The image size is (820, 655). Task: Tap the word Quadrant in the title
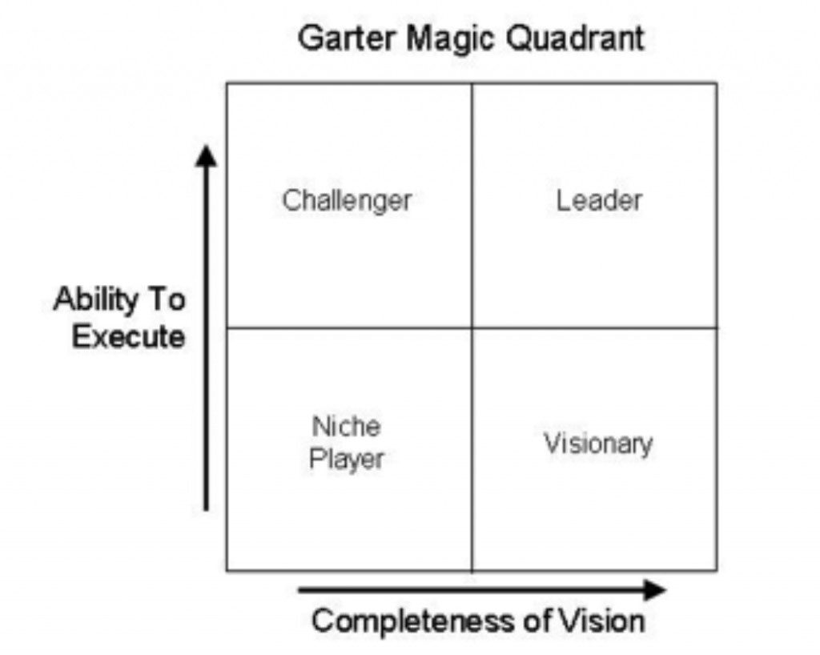tap(575, 38)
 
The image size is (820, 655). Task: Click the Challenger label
tap(348, 201)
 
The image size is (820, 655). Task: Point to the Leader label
tap(599, 200)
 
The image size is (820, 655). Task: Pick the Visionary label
tap(599, 444)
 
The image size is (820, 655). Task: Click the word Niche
tap(346, 426)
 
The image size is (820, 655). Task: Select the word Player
tap(347, 460)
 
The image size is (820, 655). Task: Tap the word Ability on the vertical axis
tap(95, 300)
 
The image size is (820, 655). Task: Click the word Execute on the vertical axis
tap(128, 336)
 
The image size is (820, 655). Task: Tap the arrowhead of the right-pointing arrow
tap(655, 590)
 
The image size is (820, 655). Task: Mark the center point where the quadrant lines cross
tap(472, 327)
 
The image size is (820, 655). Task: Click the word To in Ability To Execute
tap(167, 299)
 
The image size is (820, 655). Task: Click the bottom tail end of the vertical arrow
tap(206, 510)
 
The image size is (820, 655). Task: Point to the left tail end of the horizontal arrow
tap(299, 591)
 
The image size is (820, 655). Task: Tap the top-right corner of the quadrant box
tap(717, 83)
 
